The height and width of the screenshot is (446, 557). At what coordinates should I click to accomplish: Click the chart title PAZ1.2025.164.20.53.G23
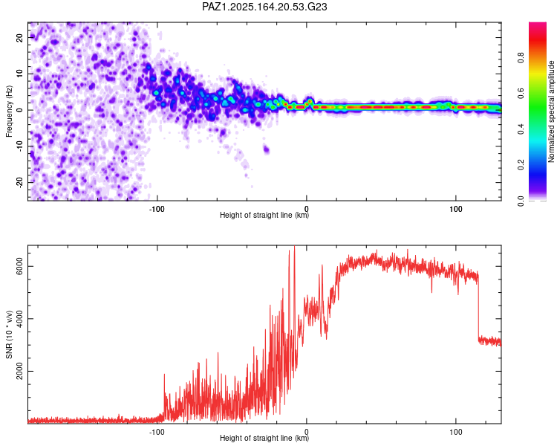264,7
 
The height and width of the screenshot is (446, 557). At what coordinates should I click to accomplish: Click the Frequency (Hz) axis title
9,111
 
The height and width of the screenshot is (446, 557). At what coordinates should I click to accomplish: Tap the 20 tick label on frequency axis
19,37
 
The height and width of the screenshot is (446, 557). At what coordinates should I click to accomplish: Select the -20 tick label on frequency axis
19,183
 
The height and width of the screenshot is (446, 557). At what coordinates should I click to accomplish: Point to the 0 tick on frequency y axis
19,110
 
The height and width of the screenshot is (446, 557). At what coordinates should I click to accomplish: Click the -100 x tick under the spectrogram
157,209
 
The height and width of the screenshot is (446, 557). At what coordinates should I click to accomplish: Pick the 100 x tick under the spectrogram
456,209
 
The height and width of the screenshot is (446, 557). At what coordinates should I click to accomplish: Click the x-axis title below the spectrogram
264,215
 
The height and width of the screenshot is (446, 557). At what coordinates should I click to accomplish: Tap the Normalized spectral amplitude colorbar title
551,111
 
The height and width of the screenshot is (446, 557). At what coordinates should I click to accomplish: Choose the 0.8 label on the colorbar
521,58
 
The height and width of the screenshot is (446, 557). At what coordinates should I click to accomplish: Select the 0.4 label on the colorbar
521,129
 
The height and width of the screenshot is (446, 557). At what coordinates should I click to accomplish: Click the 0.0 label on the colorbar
521,201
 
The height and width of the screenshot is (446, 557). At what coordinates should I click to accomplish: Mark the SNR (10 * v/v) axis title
9,334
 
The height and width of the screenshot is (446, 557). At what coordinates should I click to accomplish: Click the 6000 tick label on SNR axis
19,266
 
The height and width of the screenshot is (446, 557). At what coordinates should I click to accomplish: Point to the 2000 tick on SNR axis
19,371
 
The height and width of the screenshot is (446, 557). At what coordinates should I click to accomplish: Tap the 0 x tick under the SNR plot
306,432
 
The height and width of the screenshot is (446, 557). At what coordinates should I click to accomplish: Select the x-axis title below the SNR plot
264,438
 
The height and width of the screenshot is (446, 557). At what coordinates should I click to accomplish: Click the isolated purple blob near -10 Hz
267,149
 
